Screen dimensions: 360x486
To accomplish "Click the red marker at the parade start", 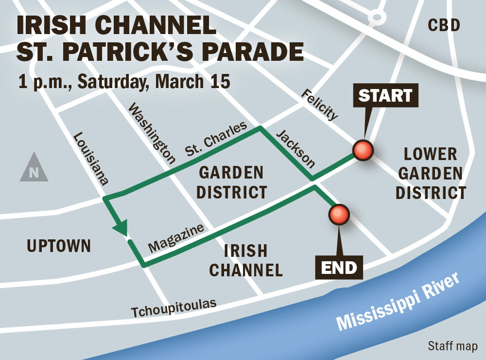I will pos(363,151).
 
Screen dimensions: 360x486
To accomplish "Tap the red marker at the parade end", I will pos(339,214).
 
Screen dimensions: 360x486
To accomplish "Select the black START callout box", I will pos(385,95).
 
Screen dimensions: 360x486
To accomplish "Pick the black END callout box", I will pos(339,267).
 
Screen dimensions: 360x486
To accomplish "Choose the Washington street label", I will pos(151,133).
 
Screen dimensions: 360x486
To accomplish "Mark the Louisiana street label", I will pos(90,159).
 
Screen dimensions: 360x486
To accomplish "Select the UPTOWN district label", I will pos(59,246).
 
